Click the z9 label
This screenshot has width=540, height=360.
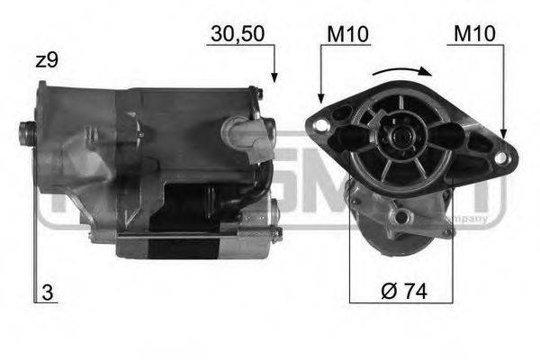[47, 62]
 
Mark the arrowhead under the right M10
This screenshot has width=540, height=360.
[504, 133]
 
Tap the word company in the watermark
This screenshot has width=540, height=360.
[472, 219]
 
